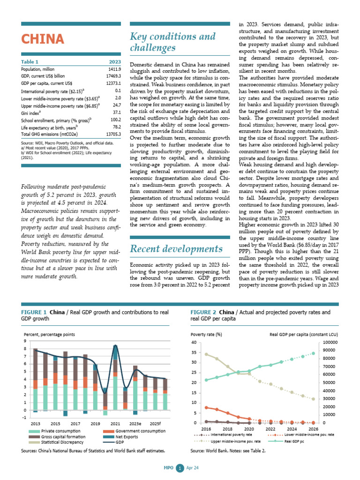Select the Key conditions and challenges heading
coord(172,42)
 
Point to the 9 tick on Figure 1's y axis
coord(24,341)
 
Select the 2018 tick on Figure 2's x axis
coord(227,429)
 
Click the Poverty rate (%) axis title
coord(207,334)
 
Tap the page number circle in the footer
coord(178,468)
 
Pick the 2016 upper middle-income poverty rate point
coord(206,354)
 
